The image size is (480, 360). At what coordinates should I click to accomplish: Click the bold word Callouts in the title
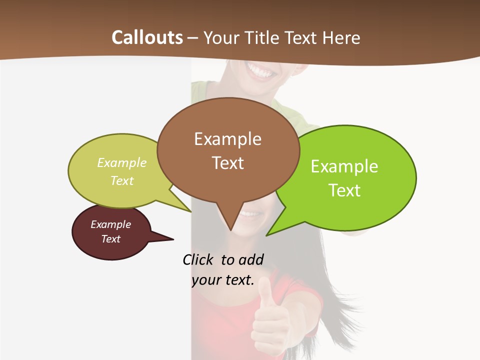pyautogui.click(x=147, y=37)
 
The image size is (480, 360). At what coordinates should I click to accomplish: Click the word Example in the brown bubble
pyautogui.click(x=227, y=139)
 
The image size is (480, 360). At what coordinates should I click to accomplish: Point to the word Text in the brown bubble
pyautogui.click(x=227, y=163)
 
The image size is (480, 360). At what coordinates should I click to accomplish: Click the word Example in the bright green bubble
pyautogui.click(x=344, y=166)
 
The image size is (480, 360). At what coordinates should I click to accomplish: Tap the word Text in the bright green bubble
pyautogui.click(x=344, y=190)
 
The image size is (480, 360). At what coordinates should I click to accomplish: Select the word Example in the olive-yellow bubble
pyautogui.click(x=122, y=163)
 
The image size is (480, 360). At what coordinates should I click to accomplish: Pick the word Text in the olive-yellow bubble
pyautogui.click(x=122, y=181)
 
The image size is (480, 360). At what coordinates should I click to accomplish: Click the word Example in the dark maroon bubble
pyautogui.click(x=110, y=224)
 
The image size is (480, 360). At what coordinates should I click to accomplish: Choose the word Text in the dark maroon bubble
pyautogui.click(x=110, y=239)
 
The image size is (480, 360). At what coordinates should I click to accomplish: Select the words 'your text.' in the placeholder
pyautogui.click(x=223, y=280)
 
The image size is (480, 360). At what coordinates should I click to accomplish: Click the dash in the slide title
pyautogui.click(x=193, y=38)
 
